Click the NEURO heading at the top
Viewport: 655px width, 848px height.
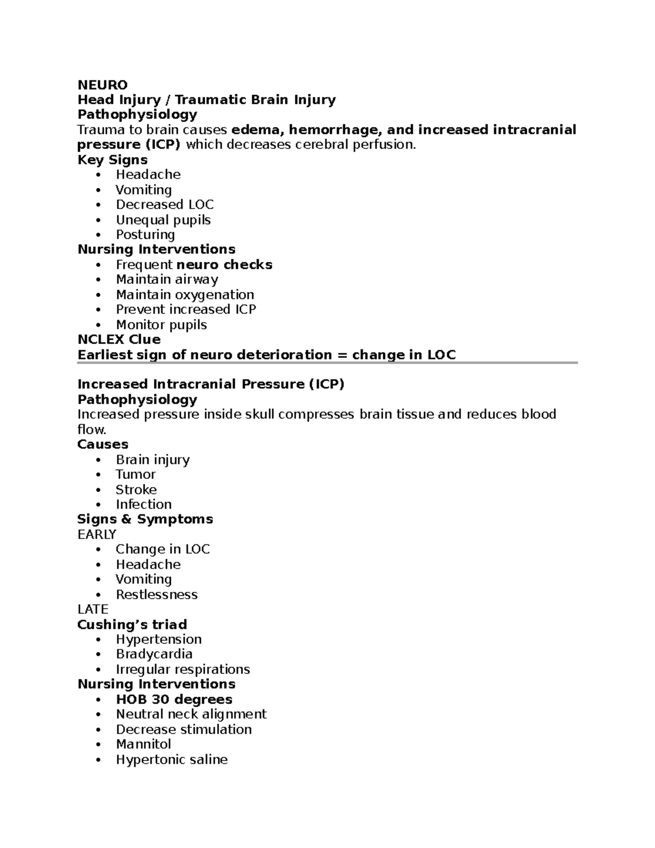click(x=103, y=85)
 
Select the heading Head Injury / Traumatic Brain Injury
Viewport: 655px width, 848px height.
click(x=206, y=99)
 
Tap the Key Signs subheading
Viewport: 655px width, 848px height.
click(x=112, y=159)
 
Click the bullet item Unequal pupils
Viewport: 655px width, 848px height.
click(x=163, y=220)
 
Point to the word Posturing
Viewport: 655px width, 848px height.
click(x=145, y=235)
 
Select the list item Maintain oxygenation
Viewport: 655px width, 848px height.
click(x=184, y=295)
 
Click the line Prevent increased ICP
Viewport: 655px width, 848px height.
click(x=186, y=310)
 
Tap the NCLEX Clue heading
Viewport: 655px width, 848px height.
click(x=119, y=340)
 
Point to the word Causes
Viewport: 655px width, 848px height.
click(x=103, y=444)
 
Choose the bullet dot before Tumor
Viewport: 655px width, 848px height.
click(x=98, y=475)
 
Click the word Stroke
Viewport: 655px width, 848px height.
click(x=136, y=490)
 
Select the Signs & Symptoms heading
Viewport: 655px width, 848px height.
click(x=145, y=519)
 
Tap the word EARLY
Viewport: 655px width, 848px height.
click(x=97, y=534)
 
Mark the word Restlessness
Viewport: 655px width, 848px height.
click(x=156, y=595)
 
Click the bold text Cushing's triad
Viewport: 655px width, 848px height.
click(x=132, y=625)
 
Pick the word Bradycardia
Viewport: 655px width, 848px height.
click(x=154, y=654)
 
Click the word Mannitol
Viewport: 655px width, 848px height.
click(x=143, y=744)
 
